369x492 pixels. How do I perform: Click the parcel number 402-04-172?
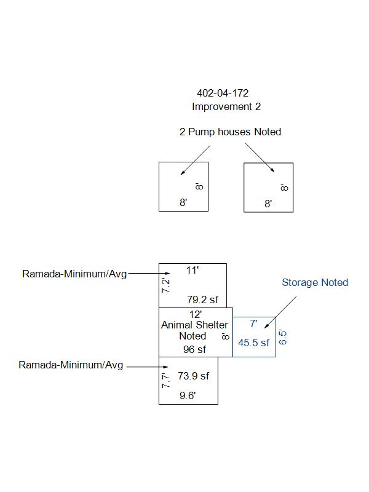click(223, 93)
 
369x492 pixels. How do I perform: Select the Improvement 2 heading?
click(226, 106)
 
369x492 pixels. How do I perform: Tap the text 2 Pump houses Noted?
click(230, 132)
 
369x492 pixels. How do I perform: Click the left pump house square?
click(159, 187)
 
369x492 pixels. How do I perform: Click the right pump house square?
click(244, 188)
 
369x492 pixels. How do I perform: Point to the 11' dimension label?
click(192, 270)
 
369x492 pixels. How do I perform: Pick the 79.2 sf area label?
click(202, 300)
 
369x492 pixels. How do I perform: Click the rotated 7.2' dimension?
click(165, 285)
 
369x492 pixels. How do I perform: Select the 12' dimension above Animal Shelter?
click(195, 314)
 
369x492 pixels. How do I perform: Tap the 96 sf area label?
click(194, 349)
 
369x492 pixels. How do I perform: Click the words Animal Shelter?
click(194, 325)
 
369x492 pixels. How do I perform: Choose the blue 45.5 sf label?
click(253, 343)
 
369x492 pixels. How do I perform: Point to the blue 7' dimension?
click(253, 323)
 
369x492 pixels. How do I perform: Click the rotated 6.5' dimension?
click(282, 337)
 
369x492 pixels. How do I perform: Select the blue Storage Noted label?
click(315, 282)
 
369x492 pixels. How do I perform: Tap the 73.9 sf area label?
click(193, 376)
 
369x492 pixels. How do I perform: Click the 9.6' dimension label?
click(188, 395)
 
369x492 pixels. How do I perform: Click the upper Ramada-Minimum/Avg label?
click(74, 274)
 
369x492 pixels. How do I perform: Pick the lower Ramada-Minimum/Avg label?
click(71, 365)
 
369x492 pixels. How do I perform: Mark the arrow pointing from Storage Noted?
click(280, 312)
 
